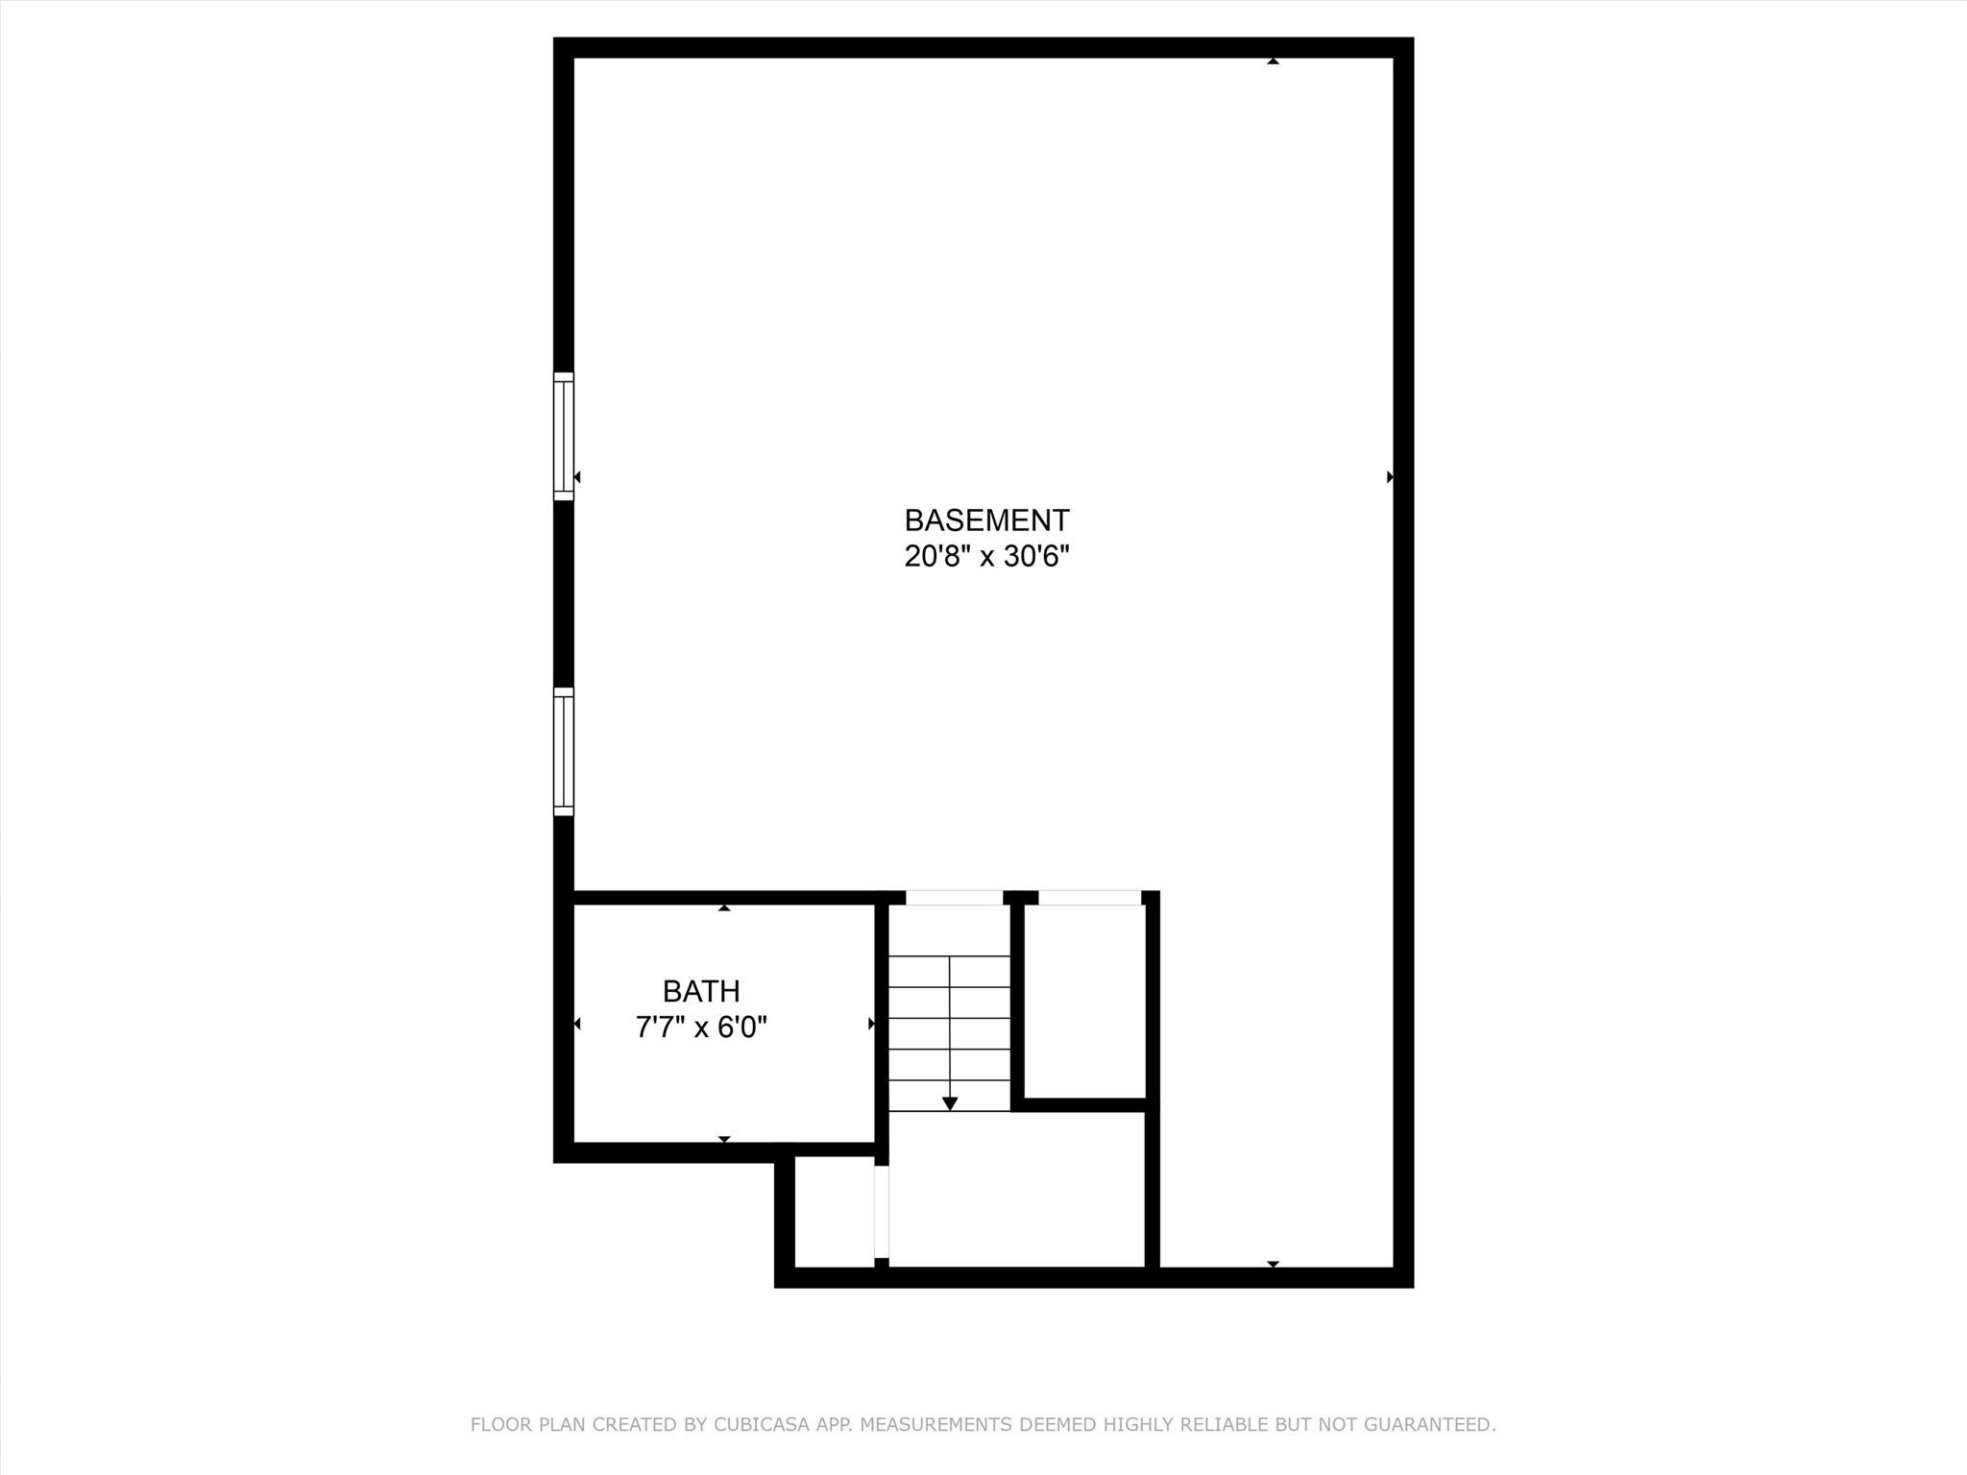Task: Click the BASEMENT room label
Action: [x=986, y=520]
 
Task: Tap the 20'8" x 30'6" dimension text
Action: [x=986, y=556]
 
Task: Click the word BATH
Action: [x=701, y=991]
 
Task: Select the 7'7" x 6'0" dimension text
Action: [x=701, y=1028]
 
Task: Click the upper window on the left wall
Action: [x=564, y=436]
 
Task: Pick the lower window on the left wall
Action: [x=564, y=752]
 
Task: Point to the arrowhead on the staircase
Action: [x=950, y=1103]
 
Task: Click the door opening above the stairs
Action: [x=954, y=898]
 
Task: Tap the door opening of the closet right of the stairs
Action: [x=1089, y=898]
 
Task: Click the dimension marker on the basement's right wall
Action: [x=1390, y=476]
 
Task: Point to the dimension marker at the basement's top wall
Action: [x=1273, y=61]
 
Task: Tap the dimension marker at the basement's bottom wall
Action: [x=1273, y=1264]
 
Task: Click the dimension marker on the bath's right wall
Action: [x=871, y=1024]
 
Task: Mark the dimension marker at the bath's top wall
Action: [x=724, y=907]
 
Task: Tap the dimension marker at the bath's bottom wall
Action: [x=724, y=1139]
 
